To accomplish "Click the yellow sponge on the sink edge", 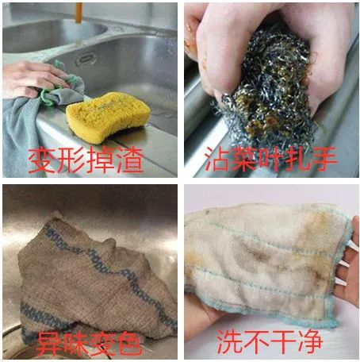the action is pos(108,117).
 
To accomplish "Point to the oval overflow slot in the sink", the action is pos(86,59).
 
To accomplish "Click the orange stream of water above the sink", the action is pos(79,13).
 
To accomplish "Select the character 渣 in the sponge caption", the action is pos(129,160).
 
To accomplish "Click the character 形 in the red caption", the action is pos(71,160).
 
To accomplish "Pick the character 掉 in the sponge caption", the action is pos(100,160).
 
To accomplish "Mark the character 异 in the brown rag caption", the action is pos(50,343).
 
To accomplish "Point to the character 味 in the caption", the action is pos(77,343).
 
